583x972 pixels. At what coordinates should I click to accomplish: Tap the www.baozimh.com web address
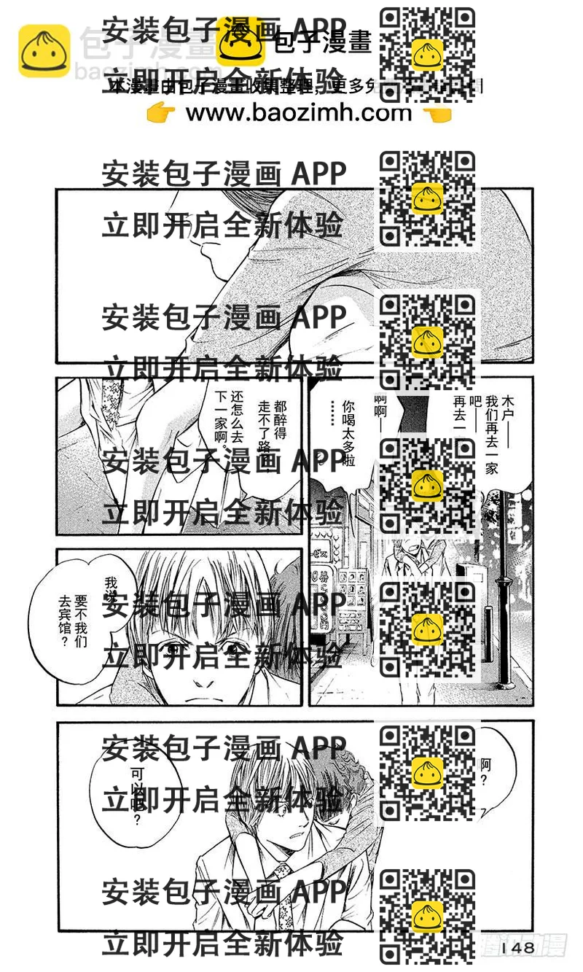(x=299, y=113)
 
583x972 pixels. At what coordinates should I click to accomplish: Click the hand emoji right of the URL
(x=437, y=114)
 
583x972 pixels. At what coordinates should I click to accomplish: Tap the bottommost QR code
(x=428, y=916)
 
